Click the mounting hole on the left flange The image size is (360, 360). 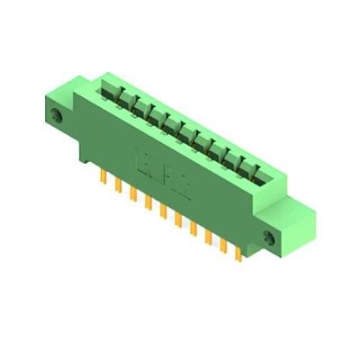tap(58, 118)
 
